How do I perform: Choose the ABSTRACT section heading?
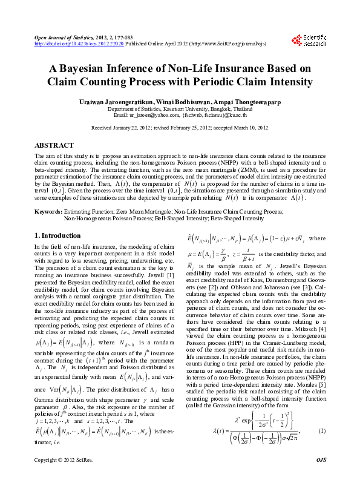(54, 146)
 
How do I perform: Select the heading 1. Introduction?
(57, 235)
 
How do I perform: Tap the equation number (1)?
(322, 430)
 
